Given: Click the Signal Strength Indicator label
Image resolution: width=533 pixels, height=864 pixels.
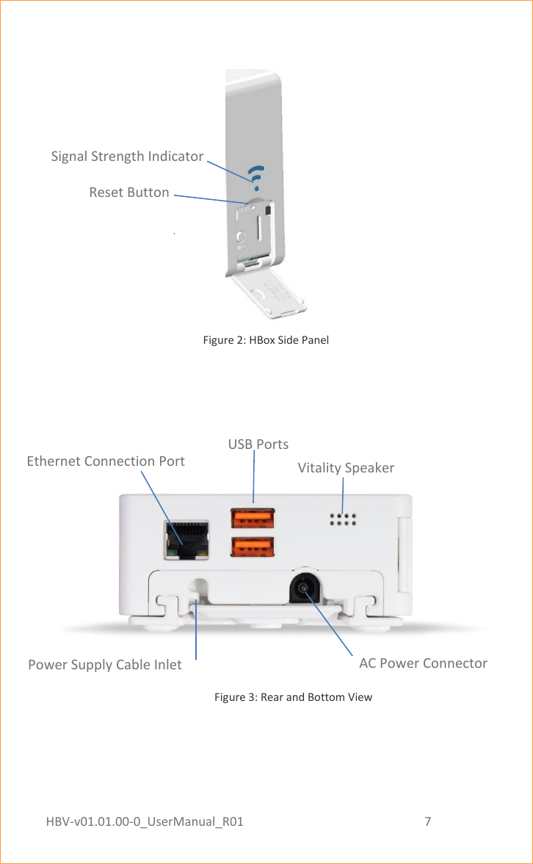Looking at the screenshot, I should [x=127, y=156].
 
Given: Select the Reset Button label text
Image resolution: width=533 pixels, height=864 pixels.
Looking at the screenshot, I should [x=129, y=192].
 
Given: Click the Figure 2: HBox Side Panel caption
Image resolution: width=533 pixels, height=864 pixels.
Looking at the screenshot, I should [x=266, y=340].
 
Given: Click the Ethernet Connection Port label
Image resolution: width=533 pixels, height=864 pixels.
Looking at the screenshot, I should [x=106, y=461].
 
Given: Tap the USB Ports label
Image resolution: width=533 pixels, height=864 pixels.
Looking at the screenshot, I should [x=258, y=444].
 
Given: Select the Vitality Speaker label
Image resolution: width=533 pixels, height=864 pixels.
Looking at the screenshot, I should [x=346, y=468].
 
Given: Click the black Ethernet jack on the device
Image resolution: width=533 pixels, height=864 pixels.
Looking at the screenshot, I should [x=186, y=541].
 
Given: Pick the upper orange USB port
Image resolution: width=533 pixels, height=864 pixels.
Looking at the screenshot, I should [x=253, y=519].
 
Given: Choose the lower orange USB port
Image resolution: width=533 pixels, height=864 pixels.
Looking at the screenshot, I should [x=253, y=548].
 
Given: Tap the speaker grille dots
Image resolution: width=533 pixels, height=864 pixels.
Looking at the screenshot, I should [x=343, y=519].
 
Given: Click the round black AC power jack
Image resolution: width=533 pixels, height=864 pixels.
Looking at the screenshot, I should [x=303, y=588].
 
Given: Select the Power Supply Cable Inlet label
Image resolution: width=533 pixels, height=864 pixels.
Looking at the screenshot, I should [x=105, y=665].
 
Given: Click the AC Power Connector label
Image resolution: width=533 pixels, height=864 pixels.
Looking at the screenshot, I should [x=423, y=663].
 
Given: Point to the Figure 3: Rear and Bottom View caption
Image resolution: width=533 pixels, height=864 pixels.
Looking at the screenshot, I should [x=293, y=696].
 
